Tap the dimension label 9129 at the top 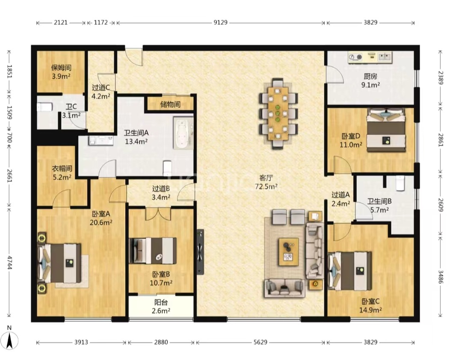coord(220,23)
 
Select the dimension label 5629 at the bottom coord(261,342)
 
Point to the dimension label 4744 coord(10,263)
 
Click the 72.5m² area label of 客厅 coord(266,186)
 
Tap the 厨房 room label coord(370,76)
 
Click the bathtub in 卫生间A coord(183,133)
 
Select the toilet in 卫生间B coord(400,183)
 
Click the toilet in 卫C coord(44,106)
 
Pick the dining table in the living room coord(278,113)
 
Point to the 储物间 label coord(170,105)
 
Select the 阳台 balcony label coord(161,302)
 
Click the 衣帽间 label coord(62,169)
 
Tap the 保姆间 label coord(61,68)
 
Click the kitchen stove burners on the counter coord(355,56)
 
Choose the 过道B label coord(161,189)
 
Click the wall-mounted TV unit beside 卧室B coord(200,252)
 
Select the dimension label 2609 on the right coord(441,204)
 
